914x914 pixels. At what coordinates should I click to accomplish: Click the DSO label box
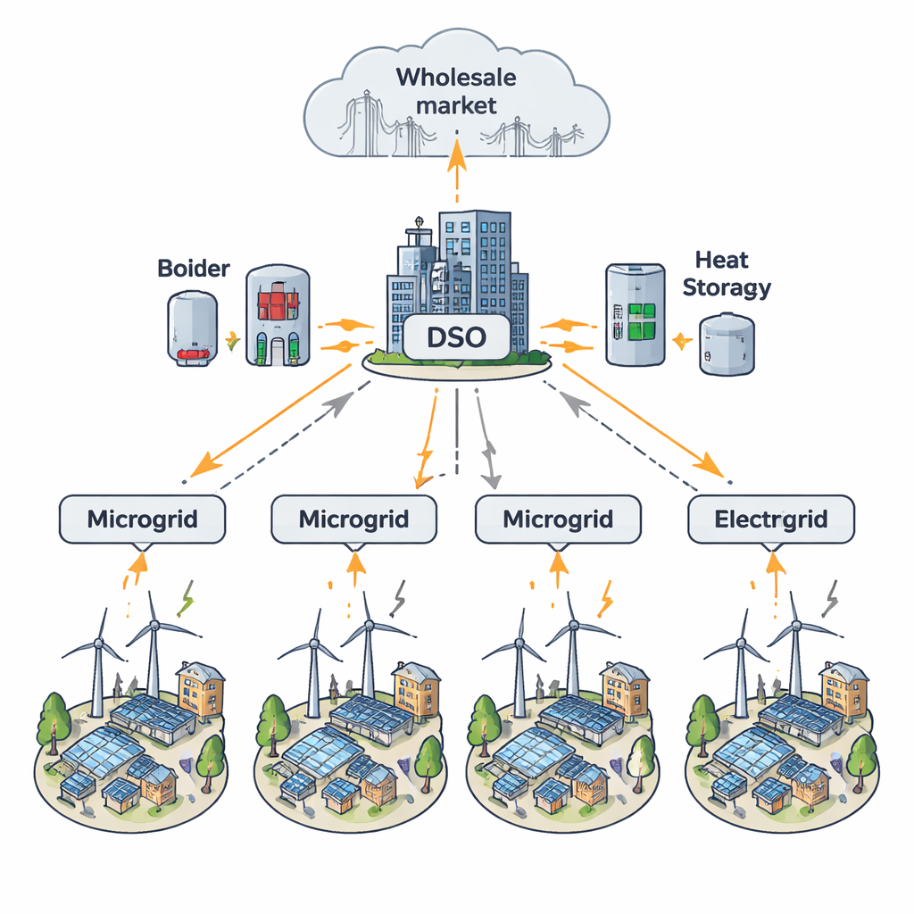(x=456, y=338)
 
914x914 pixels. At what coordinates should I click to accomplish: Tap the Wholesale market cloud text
(x=456, y=90)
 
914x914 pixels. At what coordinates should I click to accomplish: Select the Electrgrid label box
(x=771, y=519)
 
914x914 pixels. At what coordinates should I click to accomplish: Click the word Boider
(x=194, y=267)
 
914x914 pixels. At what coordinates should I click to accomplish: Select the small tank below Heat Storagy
(x=725, y=344)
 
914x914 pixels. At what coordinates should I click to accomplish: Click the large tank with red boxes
(x=278, y=315)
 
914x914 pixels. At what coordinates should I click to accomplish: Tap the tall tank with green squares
(x=635, y=314)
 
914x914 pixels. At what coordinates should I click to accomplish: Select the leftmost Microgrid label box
(x=142, y=519)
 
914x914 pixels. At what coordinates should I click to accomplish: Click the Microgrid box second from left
(x=354, y=519)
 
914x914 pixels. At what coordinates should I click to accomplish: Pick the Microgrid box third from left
(x=558, y=519)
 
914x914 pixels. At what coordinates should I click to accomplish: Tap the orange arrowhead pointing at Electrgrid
(x=710, y=465)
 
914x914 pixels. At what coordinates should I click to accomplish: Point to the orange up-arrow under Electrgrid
(x=774, y=561)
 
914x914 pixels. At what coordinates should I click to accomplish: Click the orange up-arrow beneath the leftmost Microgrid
(x=138, y=561)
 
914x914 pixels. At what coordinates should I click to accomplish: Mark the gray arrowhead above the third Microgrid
(x=490, y=479)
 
